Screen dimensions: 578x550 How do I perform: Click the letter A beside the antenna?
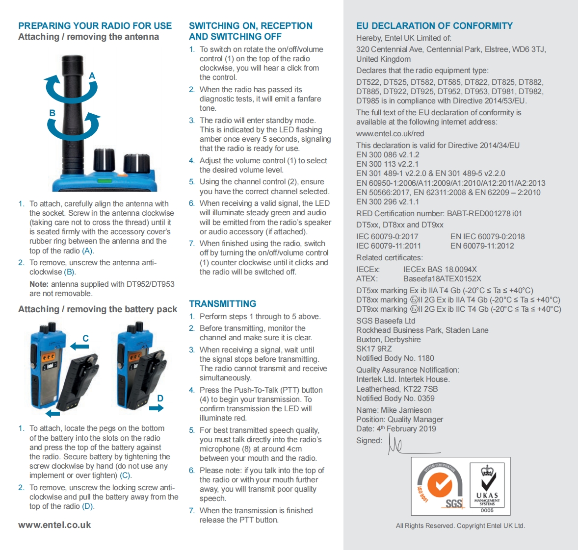pos(92,76)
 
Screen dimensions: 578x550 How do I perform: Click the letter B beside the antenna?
pos(52,113)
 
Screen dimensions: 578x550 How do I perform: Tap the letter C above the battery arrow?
pos(85,338)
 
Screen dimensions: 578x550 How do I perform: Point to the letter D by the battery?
pos(160,398)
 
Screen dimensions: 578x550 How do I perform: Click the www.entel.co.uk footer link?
pos(54,525)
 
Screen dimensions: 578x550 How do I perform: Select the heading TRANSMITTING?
pos(223,304)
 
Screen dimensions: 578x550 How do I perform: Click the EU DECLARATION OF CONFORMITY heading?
pos(434,26)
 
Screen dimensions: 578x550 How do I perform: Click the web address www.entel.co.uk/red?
pos(390,134)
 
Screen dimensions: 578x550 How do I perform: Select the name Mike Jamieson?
pos(406,410)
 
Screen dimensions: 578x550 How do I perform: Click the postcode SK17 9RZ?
pos(374,349)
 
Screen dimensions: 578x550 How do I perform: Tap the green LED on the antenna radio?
pos(104,180)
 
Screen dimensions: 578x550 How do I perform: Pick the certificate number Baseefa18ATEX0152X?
pos(442,279)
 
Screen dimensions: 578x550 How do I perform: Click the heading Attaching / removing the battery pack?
pos(98,309)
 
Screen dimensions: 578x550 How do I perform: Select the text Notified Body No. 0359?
pos(395,399)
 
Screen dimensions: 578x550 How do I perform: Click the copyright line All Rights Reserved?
pos(460,526)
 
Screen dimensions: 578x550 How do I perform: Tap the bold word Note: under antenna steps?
pos(39,284)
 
